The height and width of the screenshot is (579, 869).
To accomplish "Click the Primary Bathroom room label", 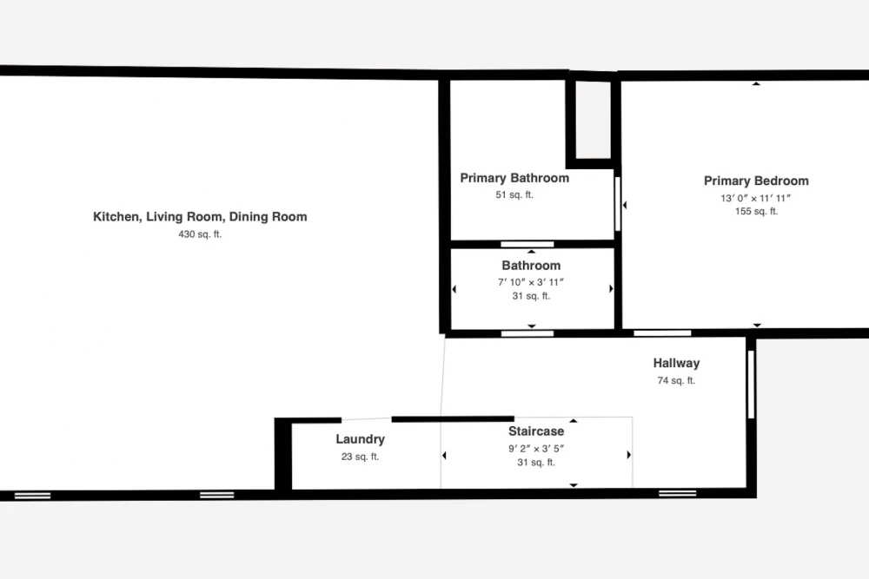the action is pyautogui.click(x=514, y=178).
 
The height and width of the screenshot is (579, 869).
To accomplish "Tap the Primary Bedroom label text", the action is pyautogui.click(x=756, y=181).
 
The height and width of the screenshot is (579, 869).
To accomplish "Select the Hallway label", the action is pyautogui.click(x=676, y=363).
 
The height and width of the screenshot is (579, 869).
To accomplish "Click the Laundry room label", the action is pyautogui.click(x=361, y=439).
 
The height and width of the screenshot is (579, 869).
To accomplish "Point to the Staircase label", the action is pyautogui.click(x=536, y=431).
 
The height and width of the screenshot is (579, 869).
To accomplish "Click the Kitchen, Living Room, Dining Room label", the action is pyautogui.click(x=200, y=216).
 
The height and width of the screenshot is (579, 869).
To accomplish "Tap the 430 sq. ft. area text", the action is pyautogui.click(x=200, y=234).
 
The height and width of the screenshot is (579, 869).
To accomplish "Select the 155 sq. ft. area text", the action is pyautogui.click(x=757, y=211).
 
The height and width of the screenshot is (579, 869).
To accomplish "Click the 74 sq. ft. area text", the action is pyautogui.click(x=676, y=380).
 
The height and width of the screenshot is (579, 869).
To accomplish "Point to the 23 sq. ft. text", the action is pyautogui.click(x=361, y=457).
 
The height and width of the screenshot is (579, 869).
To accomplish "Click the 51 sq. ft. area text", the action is pyautogui.click(x=514, y=194).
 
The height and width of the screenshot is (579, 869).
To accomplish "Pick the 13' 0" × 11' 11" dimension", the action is pyautogui.click(x=756, y=198).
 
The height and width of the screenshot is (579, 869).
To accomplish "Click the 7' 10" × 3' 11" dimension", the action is pyautogui.click(x=531, y=282).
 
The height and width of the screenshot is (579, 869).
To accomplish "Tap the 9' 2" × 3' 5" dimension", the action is pyautogui.click(x=536, y=449).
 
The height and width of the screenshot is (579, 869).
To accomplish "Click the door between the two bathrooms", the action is pyautogui.click(x=527, y=244).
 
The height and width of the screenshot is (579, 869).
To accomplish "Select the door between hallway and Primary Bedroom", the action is pyautogui.click(x=662, y=333).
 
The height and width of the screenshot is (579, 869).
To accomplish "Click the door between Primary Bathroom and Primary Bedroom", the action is pyautogui.click(x=617, y=204).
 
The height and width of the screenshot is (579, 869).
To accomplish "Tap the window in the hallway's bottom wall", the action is pyautogui.click(x=677, y=493).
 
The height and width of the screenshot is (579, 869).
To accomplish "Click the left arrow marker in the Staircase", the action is pyautogui.click(x=444, y=455).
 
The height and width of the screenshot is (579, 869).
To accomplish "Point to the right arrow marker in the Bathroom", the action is pyautogui.click(x=611, y=288).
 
